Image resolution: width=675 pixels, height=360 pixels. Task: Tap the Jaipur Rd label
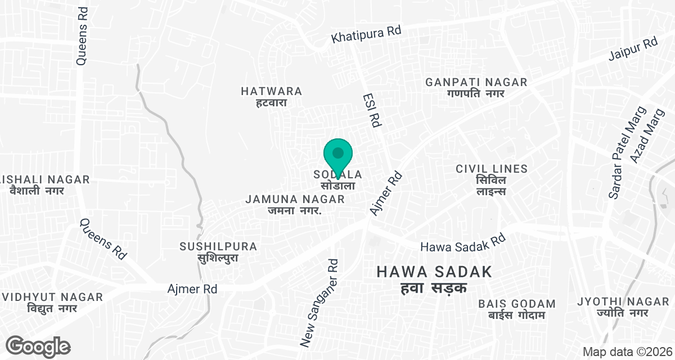tap(633, 49)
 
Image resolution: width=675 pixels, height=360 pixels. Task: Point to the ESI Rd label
tap(373, 110)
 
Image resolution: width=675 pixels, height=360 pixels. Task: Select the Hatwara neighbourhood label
tap(272, 96)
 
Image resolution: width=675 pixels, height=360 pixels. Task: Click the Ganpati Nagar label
tap(476, 87)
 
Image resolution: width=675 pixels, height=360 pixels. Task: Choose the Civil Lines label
tap(492, 179)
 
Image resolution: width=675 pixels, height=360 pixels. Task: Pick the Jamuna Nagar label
tap(295, 205)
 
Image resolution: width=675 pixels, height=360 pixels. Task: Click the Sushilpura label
tap(218, 252)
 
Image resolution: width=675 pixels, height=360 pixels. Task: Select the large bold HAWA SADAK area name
tap(434, 279)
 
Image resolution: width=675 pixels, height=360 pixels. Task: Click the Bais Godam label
tap(517, 309)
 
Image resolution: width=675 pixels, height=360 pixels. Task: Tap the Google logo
tap(38, 345)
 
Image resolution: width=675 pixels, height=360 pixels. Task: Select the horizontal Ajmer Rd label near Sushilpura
tap(192, 289)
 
